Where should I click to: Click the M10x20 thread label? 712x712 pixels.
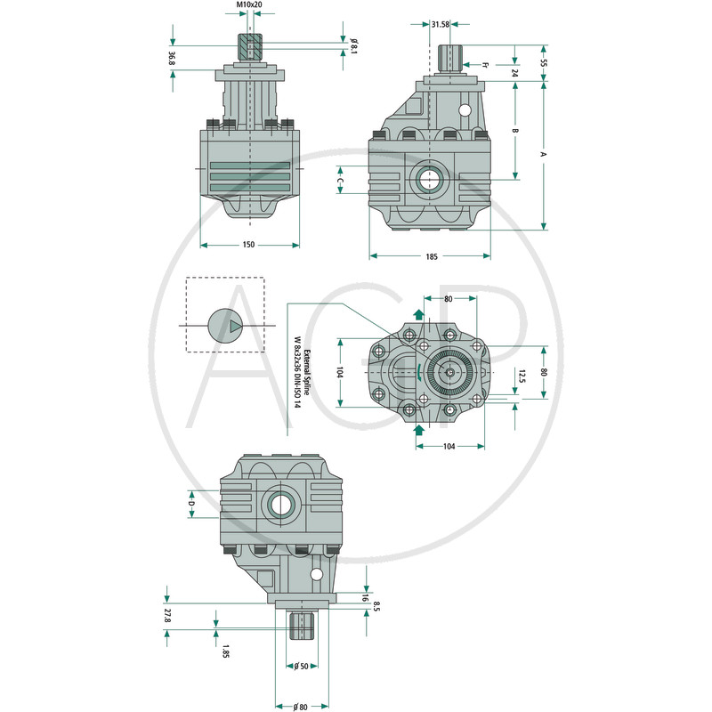[x=249, y=4]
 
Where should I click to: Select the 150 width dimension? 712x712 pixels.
[x=248, y=245]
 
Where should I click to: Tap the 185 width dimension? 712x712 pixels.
[x=432, y=256]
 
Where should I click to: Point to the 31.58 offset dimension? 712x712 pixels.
[x=440, y=25]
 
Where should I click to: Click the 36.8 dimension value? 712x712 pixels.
[x=172, y=58]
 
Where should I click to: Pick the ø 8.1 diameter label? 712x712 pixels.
[x=353, y=46]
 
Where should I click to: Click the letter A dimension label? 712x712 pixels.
[x=543, y=154]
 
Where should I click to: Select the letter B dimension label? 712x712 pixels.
[x=515, y=131]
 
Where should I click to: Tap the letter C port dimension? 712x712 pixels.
[x=341, y=181]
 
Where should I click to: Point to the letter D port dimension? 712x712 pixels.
[x=191, y=504]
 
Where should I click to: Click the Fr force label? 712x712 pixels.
[x=484, y=65]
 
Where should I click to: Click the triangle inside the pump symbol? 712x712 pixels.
[x=235, y=326]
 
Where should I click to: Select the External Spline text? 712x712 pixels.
[x=306, y=372]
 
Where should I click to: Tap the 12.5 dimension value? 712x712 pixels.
[x=522, y=376]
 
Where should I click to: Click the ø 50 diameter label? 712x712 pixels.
[x=301, y=666]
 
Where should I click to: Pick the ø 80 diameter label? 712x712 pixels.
[x=300, y=707]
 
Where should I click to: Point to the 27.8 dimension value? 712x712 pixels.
[x=167, y=616]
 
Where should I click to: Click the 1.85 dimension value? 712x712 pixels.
[x=225, y=651]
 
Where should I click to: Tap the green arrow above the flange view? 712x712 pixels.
[x=418, y=314]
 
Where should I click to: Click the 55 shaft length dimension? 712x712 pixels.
[x=544, y=62]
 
